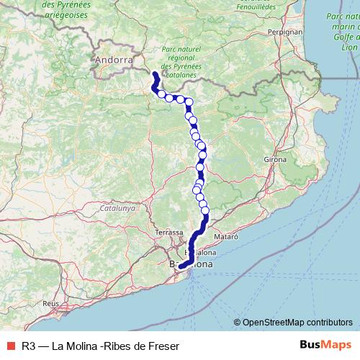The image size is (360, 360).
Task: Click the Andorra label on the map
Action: click(x=114, y=61)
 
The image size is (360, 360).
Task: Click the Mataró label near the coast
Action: click(x=226, y=235)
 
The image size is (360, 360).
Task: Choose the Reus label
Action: click(x=50, y=304)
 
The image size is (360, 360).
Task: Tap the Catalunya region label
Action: click(x=118, y=208)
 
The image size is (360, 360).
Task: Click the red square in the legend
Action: click(x=9, y=346)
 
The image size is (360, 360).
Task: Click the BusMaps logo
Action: click(x=327, y=345)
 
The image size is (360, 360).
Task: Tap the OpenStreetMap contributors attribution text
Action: click(x=297, y=323)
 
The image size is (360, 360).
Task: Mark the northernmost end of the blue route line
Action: click(x=155, y=74)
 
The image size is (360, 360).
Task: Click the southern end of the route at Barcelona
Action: click(x=181, y=268)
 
